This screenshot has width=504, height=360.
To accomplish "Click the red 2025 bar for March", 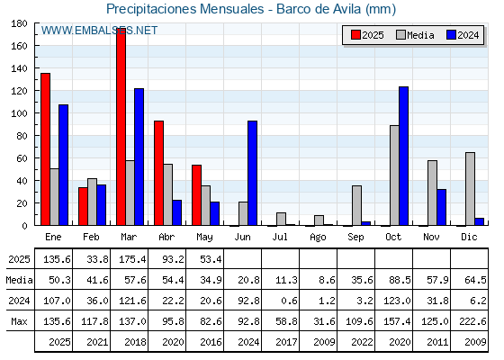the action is point(121,127).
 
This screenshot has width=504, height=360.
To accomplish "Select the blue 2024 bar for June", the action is point(252,173).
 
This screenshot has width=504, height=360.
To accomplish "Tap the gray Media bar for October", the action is point(395,175).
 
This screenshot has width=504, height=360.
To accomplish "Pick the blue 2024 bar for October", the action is point(404,157).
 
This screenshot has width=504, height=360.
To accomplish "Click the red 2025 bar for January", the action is point(46,149).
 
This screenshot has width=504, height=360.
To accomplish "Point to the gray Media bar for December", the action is point(470,189).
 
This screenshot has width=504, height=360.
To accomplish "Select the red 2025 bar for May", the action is point(197,195).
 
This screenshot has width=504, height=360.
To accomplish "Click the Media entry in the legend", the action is point(415,35).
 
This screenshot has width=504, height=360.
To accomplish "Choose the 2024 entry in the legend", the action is point(463,35).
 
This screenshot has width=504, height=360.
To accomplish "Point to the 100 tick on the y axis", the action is point(35,113).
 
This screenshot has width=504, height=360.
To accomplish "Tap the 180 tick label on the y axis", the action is point(19,23).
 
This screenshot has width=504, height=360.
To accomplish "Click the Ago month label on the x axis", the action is point(318,238).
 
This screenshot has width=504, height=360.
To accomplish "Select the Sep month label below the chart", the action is point(355,238).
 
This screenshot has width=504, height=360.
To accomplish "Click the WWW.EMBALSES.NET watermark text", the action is point(99,31).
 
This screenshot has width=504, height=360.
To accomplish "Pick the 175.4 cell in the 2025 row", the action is point(132,259).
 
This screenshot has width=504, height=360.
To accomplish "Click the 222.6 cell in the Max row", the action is point(472,321).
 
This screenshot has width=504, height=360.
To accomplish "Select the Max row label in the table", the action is point(19,321).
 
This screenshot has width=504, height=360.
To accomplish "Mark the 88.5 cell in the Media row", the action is point(400,280).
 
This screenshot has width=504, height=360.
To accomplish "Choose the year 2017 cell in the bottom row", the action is point(286,342).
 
